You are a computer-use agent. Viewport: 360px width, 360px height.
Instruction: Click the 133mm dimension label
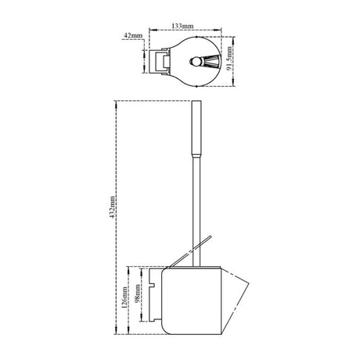182,26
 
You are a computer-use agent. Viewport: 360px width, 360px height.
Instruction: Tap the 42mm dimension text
133,36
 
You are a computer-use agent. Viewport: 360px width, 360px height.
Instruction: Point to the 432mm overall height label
112,207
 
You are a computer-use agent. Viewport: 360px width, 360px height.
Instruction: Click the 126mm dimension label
124,297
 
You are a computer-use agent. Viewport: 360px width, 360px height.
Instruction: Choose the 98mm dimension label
137,293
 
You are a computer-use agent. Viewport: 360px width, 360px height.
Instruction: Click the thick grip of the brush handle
196,128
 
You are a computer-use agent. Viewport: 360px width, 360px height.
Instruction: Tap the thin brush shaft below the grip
196,211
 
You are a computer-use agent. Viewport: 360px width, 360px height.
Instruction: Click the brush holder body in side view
191,301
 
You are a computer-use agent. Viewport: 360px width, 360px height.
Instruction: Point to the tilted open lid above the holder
189,252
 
